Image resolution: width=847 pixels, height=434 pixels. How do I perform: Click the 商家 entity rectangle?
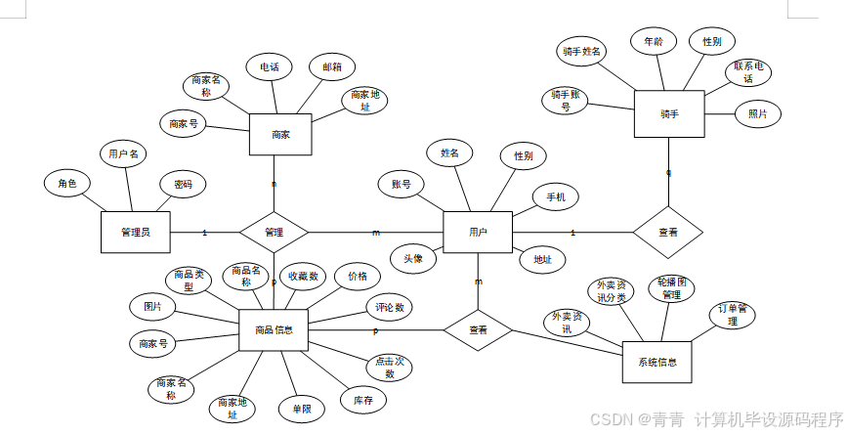280,135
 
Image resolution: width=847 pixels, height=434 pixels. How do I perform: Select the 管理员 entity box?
136,232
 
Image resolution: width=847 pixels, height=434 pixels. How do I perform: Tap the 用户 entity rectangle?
478,233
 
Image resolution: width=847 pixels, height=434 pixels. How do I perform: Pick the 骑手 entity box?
669,114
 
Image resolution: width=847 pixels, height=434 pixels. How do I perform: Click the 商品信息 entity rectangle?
280,329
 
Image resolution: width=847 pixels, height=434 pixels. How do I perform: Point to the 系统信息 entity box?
656,362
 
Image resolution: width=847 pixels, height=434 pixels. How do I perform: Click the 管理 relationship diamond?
274,233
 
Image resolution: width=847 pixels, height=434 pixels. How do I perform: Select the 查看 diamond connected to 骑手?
668,233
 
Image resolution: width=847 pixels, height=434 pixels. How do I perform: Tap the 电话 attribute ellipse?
269,67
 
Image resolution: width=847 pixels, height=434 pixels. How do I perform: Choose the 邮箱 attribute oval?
332,67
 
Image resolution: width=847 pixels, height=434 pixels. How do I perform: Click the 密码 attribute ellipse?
183,185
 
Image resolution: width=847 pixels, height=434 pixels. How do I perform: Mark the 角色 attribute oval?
67,183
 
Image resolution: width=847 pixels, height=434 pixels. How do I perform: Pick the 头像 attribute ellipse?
413,259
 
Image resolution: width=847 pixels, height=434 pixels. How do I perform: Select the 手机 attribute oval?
555,197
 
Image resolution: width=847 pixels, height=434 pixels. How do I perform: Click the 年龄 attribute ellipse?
654,42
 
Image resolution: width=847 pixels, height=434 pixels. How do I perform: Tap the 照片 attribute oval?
758,114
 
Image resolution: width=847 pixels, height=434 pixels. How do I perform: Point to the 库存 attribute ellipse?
363,399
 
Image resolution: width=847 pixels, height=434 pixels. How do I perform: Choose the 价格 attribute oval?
358,277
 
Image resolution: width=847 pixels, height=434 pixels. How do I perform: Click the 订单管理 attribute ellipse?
734,314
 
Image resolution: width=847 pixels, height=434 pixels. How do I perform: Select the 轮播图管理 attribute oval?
670,287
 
